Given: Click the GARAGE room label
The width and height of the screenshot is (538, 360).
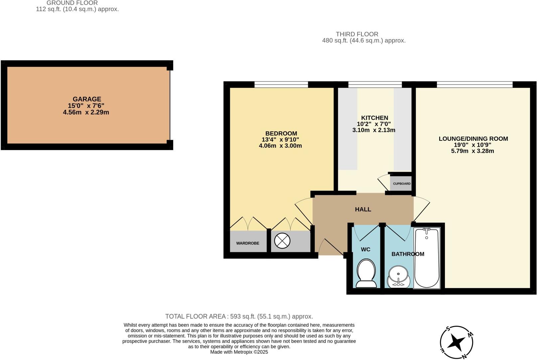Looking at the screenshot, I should (87, 99).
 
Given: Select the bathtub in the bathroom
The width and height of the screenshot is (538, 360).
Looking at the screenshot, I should (427, 258).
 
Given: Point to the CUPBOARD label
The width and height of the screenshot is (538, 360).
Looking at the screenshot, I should (402, 184).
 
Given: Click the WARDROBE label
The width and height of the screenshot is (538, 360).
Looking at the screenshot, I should (248, 243).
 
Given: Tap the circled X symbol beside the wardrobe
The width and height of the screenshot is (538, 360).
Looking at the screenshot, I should (282, 241).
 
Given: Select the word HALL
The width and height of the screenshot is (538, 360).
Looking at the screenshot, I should (363, 209).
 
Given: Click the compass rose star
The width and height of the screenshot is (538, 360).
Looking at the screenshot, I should (456, 342).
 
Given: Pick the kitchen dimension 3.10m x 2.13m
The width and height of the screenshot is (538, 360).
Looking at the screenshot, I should (374, 130).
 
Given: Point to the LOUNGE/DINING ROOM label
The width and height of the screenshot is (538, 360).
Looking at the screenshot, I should (473, 139).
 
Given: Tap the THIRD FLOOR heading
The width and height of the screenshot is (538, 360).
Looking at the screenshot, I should (357, 34).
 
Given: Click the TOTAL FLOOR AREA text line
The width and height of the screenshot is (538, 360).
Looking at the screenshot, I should (239, 316).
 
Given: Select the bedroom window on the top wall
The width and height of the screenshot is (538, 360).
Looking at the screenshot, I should (281, 85).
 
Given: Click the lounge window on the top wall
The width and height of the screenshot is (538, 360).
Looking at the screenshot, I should (474, 85).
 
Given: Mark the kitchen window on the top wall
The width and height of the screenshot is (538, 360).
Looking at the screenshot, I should (375, 85).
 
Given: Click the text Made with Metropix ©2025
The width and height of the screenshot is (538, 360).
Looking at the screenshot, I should (239, 352).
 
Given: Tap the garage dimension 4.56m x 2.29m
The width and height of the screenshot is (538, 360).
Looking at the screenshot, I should (86, 112).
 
